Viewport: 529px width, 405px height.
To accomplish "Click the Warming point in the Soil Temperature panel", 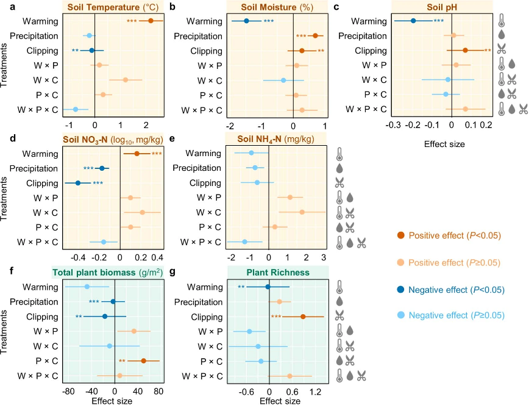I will point(151,21).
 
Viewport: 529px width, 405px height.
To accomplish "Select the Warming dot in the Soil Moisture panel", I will point(246,21).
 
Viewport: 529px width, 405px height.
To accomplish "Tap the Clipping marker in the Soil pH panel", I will point(465,50).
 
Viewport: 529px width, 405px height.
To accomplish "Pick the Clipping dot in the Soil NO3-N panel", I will point(77,183).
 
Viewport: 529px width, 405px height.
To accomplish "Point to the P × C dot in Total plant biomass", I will point(143,360).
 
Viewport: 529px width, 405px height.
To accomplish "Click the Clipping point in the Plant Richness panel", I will point(303,317).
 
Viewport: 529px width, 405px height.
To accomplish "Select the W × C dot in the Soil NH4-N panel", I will point(302,212).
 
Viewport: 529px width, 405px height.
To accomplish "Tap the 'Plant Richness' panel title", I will point(278,272).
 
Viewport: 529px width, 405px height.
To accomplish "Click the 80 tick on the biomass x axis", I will point(158,392).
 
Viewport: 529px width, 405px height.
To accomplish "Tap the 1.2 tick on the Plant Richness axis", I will point(315,392).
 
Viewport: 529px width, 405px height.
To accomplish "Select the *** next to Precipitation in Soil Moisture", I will point(301,36).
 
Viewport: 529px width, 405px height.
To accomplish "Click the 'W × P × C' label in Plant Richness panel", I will point(199,375).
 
